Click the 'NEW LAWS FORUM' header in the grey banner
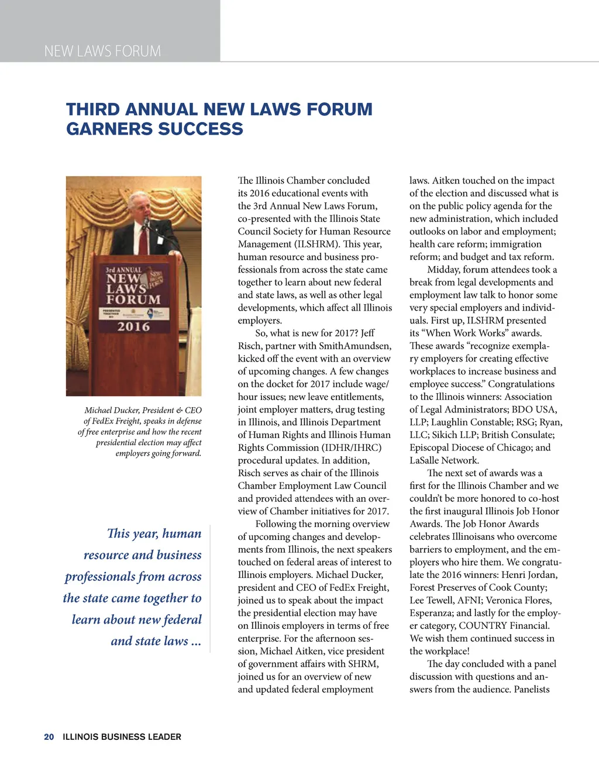(x=102, y=51)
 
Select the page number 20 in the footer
(x=49, y=737)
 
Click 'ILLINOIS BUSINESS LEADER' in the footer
(x=122, y=737)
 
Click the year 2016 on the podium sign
(x=133, y=326)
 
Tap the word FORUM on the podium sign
(x=133, y=299)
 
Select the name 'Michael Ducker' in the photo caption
(x=111, y=411)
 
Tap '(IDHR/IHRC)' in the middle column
(x=350, y=447)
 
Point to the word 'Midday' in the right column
(x=443, y=270)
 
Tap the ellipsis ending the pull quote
(x=196, y=642)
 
